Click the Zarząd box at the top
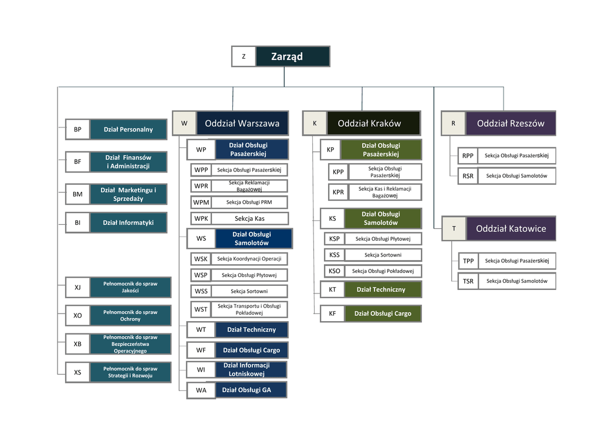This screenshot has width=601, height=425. (292, 56)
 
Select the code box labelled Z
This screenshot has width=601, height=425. (244, 56)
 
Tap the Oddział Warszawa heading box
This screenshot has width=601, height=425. (242, 123)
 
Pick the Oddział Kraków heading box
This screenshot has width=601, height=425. (373, 123)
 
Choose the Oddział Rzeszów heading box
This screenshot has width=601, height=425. (510, 123)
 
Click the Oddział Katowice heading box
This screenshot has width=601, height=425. (510, 228)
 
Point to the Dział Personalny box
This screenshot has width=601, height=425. (128, 129)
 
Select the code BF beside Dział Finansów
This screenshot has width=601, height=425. (77, 161)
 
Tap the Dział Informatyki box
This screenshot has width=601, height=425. (128, 222)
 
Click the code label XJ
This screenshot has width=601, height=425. (77, 287)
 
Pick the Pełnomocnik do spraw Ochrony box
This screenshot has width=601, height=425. (130, 315)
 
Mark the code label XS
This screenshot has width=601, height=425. (77, 372)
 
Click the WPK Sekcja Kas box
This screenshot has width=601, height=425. (249, 218)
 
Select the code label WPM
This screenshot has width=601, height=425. (201, 203)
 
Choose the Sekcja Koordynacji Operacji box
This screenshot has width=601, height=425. (249, 259)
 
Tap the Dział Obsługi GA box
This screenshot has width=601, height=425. (246, 390)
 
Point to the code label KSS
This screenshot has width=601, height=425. (335, 255)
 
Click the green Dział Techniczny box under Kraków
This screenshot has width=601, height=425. (380, 289)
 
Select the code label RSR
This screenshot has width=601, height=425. (468, 176)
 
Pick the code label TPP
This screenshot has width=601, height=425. (468, 261)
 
